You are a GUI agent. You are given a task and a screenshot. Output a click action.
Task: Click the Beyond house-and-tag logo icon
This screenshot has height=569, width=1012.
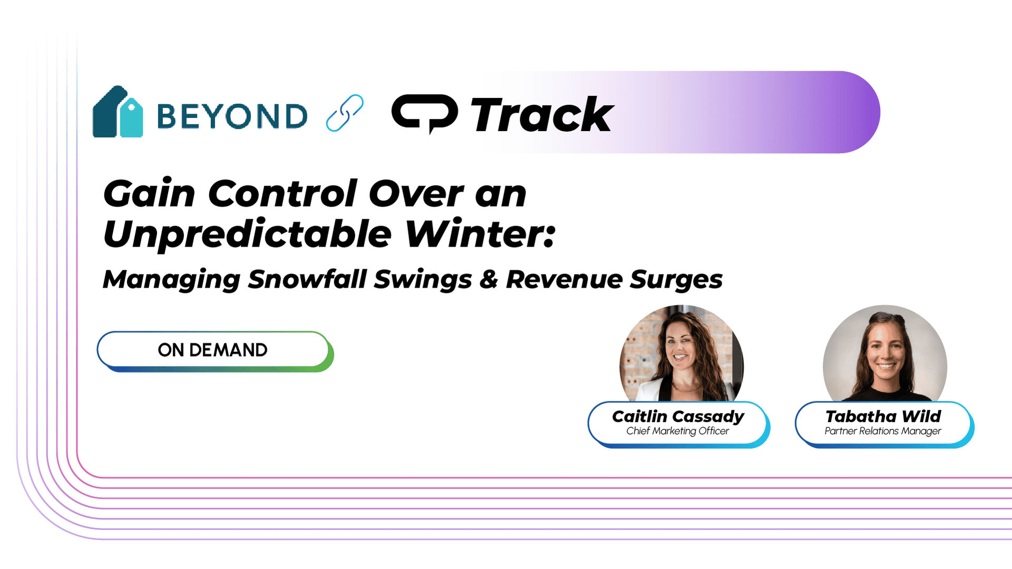point(118,112)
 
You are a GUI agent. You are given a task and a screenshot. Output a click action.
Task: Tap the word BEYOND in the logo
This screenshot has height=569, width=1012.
point(232,116)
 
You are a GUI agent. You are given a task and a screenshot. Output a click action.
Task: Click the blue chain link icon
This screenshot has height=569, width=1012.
point(345,113)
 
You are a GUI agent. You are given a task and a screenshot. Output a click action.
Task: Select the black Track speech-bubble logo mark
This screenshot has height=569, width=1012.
point(424,113)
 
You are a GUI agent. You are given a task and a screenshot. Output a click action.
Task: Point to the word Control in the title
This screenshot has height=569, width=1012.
point(283,193)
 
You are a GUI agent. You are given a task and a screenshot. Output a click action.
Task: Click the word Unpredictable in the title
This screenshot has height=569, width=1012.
point(248,233)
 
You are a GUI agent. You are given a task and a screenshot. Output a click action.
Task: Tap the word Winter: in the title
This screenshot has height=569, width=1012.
point(480,233)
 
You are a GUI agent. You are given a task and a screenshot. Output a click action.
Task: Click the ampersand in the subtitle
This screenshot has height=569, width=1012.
point(489,279)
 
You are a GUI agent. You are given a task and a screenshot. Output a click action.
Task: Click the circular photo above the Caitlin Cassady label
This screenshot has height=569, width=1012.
point(682,354)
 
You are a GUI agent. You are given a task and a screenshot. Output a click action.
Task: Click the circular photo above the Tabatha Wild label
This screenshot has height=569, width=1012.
point(885,354)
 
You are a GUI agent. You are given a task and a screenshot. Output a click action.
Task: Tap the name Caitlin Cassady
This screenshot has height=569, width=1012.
point(678,417)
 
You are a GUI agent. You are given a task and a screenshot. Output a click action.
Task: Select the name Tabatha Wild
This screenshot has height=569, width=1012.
point(883,416)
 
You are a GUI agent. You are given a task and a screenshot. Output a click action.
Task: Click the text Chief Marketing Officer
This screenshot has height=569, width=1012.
point(677,431)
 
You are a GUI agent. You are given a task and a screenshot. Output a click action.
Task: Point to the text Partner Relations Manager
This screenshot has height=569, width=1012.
point(883,431)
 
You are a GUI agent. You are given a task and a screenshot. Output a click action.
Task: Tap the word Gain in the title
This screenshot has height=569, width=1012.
point(149,193)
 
